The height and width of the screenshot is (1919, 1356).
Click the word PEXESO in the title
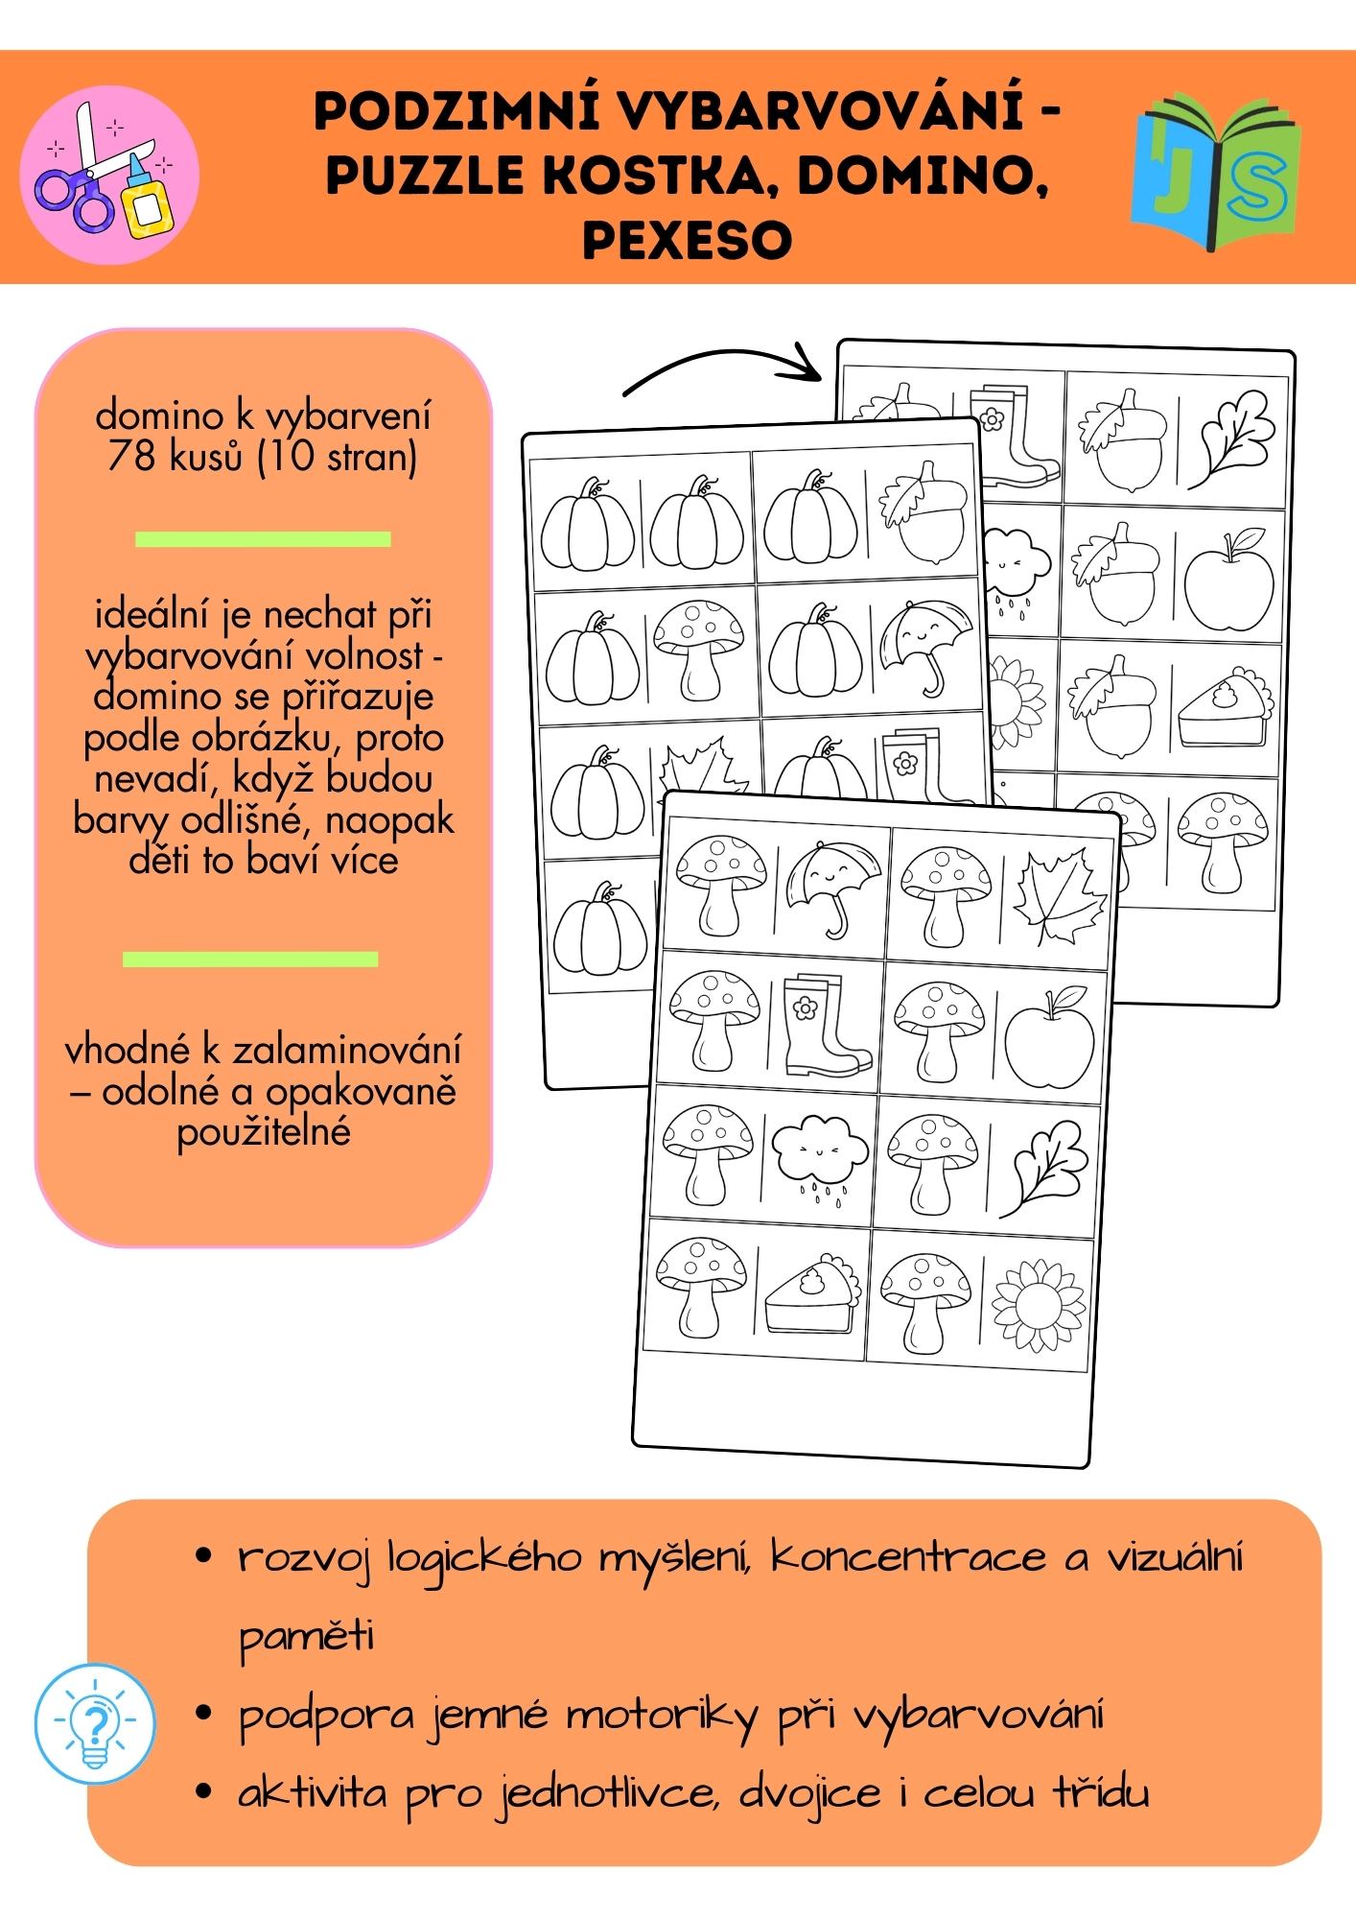pos(687,240)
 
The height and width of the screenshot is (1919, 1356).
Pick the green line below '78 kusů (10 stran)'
pos(263,539)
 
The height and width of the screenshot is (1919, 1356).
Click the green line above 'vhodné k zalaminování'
pos(250,959)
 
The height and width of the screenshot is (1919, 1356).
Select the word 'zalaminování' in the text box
pos(347,1051)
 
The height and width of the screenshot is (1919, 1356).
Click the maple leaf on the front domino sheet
pos(1058,897)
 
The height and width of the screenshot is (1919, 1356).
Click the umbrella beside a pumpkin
pos(924,645)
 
